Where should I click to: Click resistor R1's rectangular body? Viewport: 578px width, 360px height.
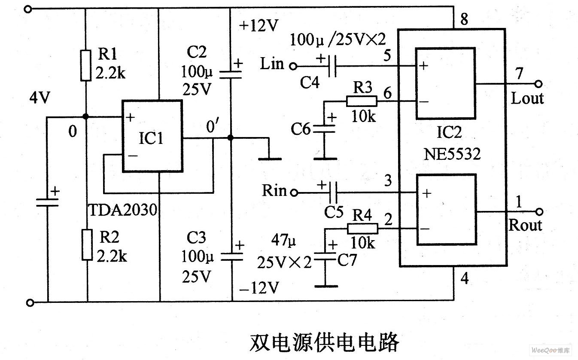pyautogui.click(x=86, y=65)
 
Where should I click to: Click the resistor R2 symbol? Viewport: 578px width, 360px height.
pyautogui.click(x=87, y=244)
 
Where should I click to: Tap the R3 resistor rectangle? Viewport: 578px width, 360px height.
pyautogui.click(x=362, y=101)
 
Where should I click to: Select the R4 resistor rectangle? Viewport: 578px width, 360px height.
pyautogui.click(x=362, y=229)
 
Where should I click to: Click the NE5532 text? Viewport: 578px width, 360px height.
pyautogui.click(x=452, y=154)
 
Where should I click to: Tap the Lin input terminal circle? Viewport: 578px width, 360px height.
pyautogui.click(x=293, y=66)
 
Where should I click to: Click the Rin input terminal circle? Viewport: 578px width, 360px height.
pyautogui.click(x=294, y=193)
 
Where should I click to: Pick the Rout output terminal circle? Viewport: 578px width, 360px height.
pyautogui.click(x=539, y=211)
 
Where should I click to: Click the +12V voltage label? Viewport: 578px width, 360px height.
pyautogui.click(x=259, y=26)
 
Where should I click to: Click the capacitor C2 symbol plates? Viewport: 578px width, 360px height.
pyautogui.click(x=231, y=75)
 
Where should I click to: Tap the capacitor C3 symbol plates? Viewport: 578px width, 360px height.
pyautogui.click(x=231, y=256)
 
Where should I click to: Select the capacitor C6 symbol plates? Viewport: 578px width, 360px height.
pyautogui.click(x=325, y=128)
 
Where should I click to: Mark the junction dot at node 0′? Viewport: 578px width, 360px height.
pyautogui.click(x=231, y=138)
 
